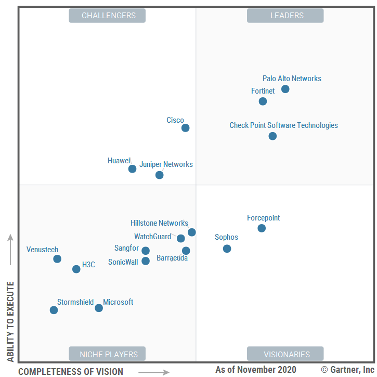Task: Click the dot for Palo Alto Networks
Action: pos(285,89)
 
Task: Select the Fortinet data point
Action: pos(263,101)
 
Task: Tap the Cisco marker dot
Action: pos(185,128)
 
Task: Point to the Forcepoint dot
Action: pos(262,228)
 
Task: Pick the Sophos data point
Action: pos(227,249)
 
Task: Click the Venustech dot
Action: pos(57,258)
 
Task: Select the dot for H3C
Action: pos(76,269)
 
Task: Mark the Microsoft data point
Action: pos(99,308)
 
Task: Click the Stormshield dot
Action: pos(54,310)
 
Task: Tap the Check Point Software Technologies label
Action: pos(283,125)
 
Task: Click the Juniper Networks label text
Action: pos(166,164)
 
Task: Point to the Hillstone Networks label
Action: pos(159,223)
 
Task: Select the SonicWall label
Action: pos(123,262)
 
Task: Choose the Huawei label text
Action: pos(119,161)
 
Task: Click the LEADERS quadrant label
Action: pos(287,16)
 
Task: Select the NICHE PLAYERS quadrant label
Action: pos(109,355)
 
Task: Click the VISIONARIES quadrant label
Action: pos(287,355)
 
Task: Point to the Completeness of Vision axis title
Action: pos(71,371)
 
